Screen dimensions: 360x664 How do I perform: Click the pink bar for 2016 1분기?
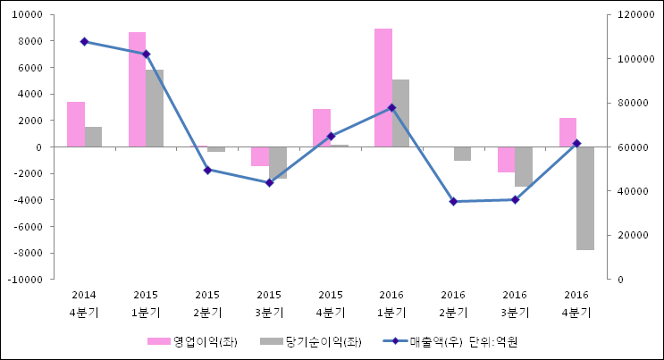(382, 88)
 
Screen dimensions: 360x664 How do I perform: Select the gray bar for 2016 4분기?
(585, 198)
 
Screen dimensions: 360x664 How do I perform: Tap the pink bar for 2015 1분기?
(137, 89)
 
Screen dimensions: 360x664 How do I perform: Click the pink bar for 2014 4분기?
(76, 124)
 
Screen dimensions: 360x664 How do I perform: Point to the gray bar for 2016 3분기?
(524, 166)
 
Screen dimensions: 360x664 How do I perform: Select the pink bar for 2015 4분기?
(322, 128)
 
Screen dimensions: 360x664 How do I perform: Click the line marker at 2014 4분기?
(84, 41)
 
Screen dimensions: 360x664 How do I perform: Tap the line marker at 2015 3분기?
(269, 182)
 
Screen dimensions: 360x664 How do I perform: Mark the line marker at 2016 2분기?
(453, 201)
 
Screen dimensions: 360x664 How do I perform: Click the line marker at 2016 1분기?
(391, 107)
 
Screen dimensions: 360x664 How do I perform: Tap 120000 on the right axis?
(625, 15)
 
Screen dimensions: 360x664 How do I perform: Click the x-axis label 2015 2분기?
(207, 303)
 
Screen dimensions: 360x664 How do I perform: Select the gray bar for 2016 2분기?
(462, 154)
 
